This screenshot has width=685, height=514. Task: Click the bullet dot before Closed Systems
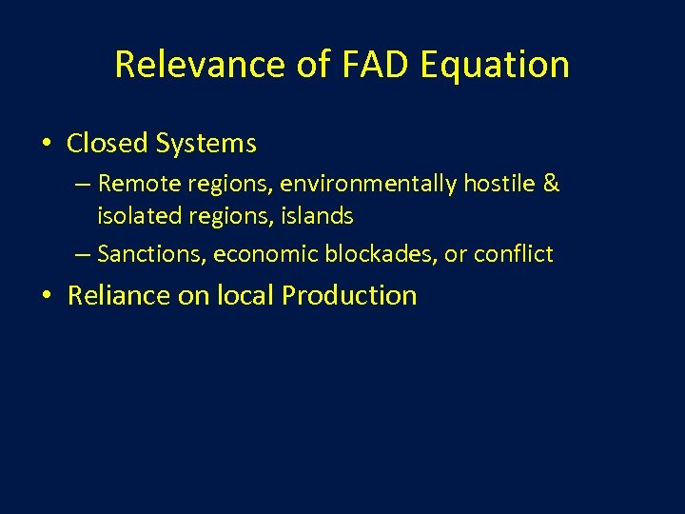46,145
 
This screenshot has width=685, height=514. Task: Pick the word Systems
206,144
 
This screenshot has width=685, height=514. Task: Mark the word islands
319,216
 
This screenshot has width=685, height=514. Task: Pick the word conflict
514,254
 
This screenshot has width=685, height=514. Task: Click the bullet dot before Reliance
46,296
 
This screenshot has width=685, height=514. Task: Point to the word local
245,295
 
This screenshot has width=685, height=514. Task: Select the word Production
349,295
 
